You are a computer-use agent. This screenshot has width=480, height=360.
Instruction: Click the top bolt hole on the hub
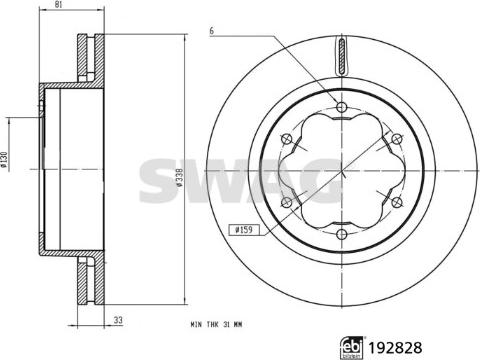pyautogui.click(x=342, y=107)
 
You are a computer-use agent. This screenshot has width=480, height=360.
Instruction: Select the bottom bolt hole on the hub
pyautogui.click(x=342, y=251)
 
